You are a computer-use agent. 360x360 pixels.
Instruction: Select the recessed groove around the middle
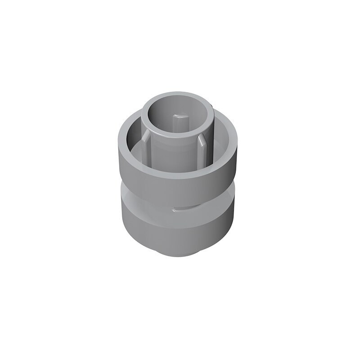click(148, 200)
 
